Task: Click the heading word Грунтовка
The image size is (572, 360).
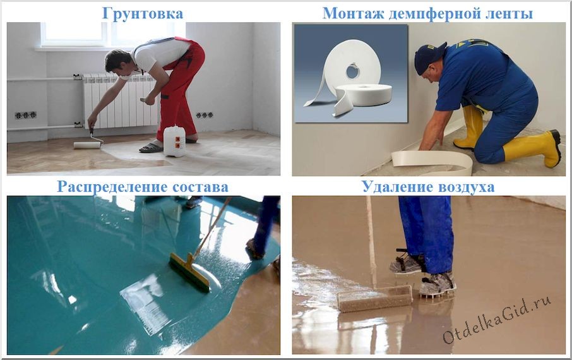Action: [143, 13]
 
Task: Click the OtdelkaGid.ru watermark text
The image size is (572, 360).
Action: [496, 318]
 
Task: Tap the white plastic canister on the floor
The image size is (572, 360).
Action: [174, 141]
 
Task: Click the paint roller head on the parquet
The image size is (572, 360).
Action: [87, 145]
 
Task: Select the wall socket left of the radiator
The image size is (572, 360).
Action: [26, 116]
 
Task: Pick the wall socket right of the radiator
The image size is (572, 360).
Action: [204, 116]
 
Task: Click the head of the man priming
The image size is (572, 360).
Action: [118, 61]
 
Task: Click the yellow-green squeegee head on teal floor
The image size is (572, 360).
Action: [189, 272]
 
